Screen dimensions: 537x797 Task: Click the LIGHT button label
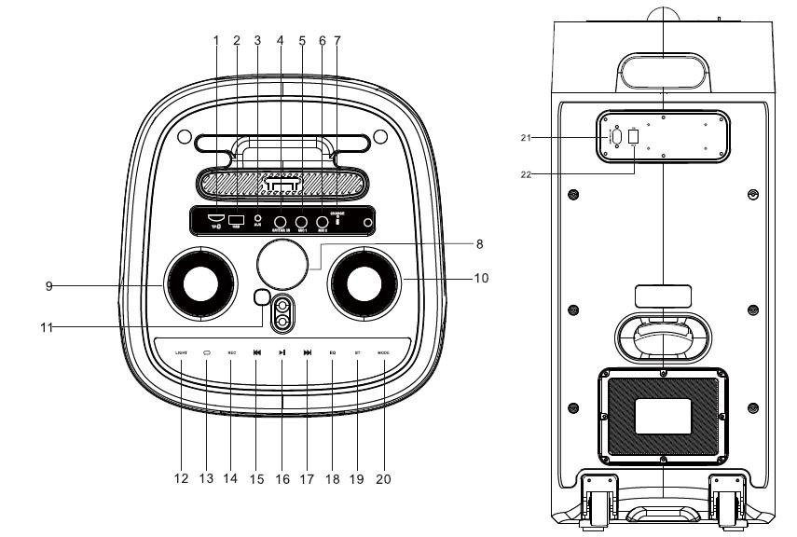[181, 352]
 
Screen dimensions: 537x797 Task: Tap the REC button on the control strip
[231, 352]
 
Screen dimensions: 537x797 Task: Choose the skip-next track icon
[308, 352]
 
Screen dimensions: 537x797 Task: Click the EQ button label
[333, 352]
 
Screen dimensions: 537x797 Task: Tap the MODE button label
[383, 352]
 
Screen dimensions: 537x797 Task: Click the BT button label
[358, 352]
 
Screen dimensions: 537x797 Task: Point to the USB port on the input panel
[236, 220]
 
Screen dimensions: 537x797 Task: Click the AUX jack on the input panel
[257, 220]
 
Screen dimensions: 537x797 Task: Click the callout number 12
[181, 479]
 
